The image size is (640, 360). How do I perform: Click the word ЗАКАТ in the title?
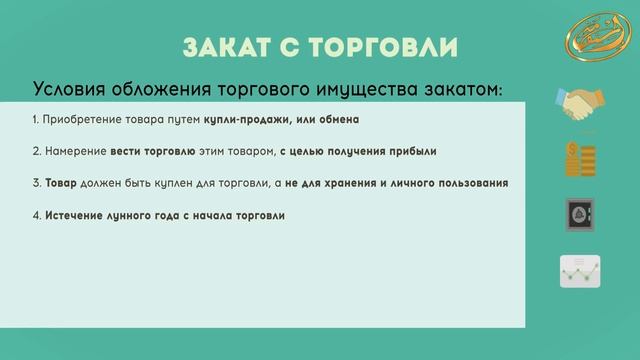pos(225,47)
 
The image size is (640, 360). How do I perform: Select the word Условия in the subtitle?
pos(71,89)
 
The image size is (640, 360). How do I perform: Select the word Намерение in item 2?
pos(72,152)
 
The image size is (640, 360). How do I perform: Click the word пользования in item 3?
pos(473,184)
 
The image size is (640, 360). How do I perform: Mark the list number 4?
pos(35,216)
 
